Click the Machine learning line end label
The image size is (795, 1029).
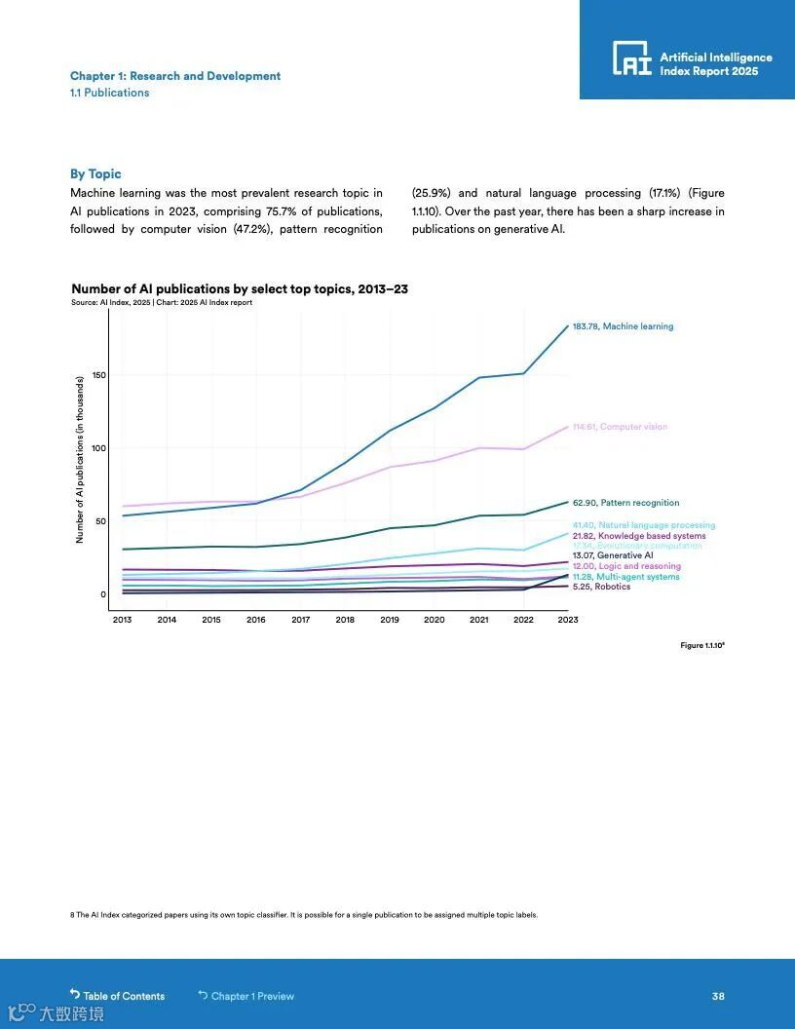[x=623, y=326]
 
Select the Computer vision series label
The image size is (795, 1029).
[x=620, y=427]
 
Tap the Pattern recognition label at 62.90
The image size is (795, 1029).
[x=625, y=503]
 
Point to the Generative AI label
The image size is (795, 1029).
[x=612, y=555]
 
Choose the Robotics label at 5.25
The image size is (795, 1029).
[x=601, y=587]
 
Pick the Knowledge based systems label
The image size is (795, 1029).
[x=639, y=536]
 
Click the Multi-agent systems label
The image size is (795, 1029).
[x=625, y=577]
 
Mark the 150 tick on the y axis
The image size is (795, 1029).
[x=99, y=375]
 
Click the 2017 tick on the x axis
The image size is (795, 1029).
[x=300, y=620]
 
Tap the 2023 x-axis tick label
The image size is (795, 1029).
[x=567, y=620]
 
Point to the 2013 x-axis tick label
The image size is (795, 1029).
[x=122, y=620]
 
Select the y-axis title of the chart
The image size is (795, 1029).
[x=80, y=460]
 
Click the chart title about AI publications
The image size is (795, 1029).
[x=240, y=289]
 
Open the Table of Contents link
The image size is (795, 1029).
[x=118, y=996]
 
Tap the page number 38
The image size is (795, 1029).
[x=718, y=996]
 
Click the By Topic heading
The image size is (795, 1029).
[x=95, y=173]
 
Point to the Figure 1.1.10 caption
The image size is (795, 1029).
[x=701, y=645]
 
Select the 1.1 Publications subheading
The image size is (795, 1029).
[x=109, y=93]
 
